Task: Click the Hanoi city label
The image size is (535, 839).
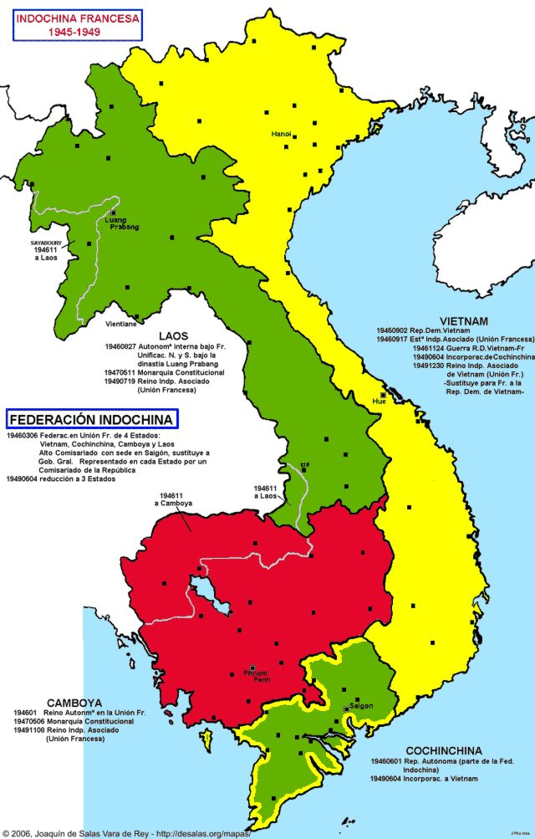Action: (x=281, y=134)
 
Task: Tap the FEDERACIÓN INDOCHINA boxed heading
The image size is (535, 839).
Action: (x=91, y=418)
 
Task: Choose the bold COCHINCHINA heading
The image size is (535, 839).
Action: (x=445, y=750)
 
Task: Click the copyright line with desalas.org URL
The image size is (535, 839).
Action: (x=125, y=833)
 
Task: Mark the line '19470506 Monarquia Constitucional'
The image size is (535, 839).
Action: (x=74, y=720)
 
